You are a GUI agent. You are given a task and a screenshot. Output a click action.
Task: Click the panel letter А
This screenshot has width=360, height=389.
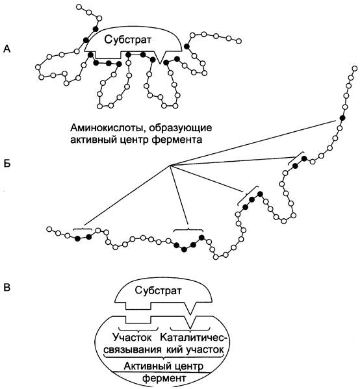7,49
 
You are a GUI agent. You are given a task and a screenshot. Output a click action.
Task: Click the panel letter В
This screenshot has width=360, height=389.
7,287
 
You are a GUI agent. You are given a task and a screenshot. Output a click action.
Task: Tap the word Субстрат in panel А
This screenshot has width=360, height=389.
127,40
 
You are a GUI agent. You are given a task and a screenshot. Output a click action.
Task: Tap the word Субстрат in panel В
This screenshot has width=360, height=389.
158,290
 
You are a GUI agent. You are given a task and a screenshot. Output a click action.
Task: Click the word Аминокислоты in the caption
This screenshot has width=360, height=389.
107,128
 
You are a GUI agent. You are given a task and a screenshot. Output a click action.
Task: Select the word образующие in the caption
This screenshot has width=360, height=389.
181,129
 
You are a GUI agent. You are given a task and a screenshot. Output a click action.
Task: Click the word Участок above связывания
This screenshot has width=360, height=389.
132,338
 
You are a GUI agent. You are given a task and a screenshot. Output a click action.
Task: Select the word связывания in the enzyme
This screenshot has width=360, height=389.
133,350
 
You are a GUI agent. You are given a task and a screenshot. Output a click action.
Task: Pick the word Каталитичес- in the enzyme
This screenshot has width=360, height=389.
195,338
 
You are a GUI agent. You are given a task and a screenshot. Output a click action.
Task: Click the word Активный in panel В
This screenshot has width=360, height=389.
146,366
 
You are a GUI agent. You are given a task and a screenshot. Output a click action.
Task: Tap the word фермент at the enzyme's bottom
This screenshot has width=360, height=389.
164,379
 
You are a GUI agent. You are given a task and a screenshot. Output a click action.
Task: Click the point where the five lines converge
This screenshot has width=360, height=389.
170,165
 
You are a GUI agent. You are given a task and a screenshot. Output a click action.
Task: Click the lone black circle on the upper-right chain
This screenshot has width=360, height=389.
342,118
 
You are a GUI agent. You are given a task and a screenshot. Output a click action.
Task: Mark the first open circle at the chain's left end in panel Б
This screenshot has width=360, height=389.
49,229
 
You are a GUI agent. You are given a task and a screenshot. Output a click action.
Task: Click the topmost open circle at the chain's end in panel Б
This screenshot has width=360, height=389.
354,69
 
